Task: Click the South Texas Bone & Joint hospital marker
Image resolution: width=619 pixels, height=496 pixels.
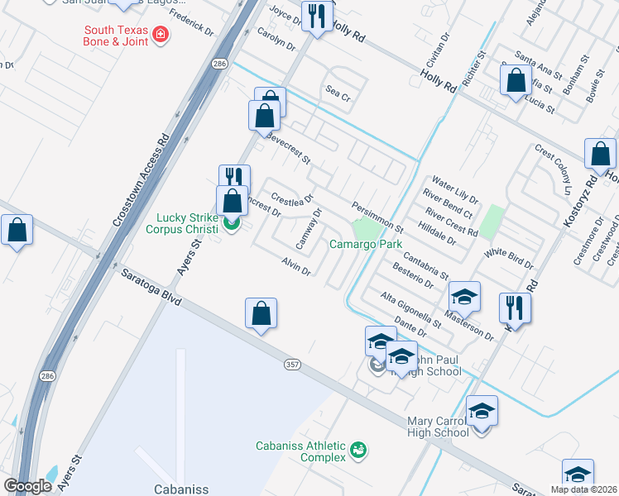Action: click(158, 36)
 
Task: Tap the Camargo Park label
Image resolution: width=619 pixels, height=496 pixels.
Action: click(365, 244)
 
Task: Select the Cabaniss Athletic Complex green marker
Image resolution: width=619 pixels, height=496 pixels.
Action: click(357, 451)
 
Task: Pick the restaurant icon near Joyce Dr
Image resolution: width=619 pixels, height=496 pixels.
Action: click(317, 16)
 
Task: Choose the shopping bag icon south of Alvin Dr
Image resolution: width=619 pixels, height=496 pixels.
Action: click(261, 313)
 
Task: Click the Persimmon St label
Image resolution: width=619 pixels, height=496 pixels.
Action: click(377, 217)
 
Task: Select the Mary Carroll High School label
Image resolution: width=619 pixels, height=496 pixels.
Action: click(438, 427)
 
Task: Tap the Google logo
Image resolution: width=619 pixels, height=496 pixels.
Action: click(28, 486)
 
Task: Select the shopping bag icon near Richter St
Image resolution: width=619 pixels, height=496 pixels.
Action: click(516, 81)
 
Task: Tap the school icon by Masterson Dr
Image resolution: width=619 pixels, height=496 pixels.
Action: click(464, 298)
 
